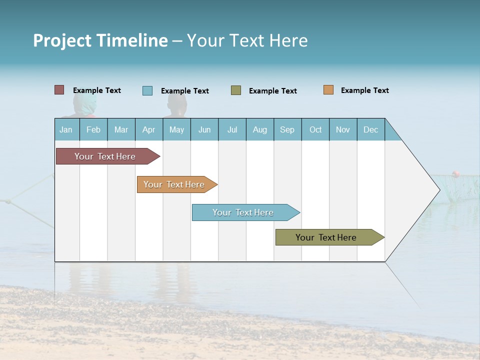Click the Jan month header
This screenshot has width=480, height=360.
pyautogui.click(x=66, y=129)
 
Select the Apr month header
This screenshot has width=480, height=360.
pyautogui.click(x=148, y=129)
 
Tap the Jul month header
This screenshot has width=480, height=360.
pyautogui.click(x=232, y=129)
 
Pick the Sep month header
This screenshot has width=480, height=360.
pyautogui.click(x=287, y=129)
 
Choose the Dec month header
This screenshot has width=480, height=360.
pyautogui.click(x=370, y=129)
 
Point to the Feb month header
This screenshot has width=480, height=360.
pyautogui.click(x=93, y=129)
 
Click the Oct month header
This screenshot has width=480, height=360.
pyautogui.click(x=315, y=129)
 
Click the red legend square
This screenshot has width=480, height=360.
pyautogui.click(x=59, y=90)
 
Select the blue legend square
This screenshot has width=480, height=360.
pyautogui.click(x=147, y=90)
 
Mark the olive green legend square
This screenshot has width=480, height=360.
pyautogui.click(x=235, y=90)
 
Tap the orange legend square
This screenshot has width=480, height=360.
pyautogui.click(x=328, y=90)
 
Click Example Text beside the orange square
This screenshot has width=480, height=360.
pyautogui.click(x=364, y=90)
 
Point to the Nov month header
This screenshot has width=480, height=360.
pyautogui.click(x=343, y=129)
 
